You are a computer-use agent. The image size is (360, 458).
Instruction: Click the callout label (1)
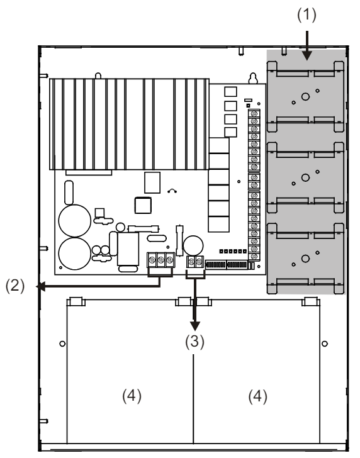tap(307, 15)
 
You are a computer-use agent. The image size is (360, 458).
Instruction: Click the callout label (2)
tap(15, 286)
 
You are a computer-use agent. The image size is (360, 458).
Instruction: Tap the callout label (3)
tap(194, 341)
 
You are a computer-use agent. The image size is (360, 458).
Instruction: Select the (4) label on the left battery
tap(132, 396)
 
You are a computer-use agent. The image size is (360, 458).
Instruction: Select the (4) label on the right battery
tap(258, 396)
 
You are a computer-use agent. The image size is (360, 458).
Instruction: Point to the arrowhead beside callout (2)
tap(40, 286)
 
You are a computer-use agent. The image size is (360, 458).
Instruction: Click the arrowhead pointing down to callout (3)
tap(195, 327)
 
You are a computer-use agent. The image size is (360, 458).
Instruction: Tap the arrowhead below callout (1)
tap(307, 55)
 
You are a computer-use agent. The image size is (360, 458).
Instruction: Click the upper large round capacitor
tap(75, 221)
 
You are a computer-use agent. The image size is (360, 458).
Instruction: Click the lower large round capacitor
tap(75, 254)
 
